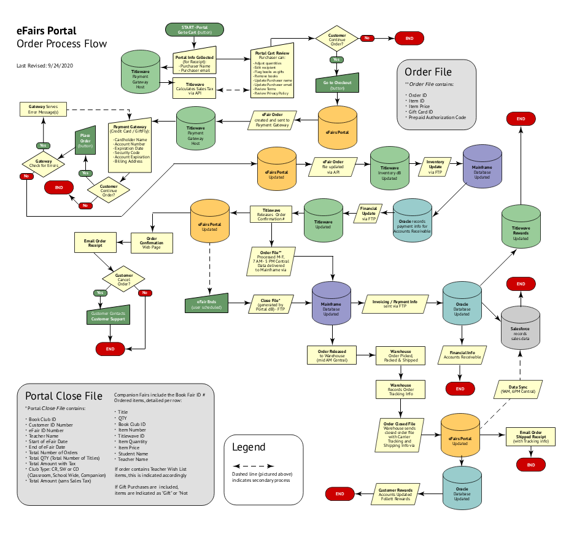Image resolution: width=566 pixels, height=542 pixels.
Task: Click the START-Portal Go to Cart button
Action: click(x=195, y=29)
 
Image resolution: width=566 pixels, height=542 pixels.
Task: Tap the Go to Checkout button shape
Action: click(x=337, y=85)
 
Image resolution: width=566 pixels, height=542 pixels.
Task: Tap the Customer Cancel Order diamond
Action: click(x=123, y=279)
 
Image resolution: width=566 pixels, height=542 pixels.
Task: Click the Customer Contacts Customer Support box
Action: click(x=108, y=316)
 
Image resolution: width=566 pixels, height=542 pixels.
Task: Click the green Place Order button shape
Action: click(x=86, y=142)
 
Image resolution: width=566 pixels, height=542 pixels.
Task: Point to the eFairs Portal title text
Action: click(x=47, y=31)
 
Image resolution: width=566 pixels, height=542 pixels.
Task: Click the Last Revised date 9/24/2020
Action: click(x=45, y=65)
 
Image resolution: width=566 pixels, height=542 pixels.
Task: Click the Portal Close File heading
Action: click(x=63, y=396)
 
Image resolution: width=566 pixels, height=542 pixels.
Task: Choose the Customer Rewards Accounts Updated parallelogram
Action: click(x=400, y=493)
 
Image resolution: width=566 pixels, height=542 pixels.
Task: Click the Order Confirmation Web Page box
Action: click(x=152, y=242)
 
